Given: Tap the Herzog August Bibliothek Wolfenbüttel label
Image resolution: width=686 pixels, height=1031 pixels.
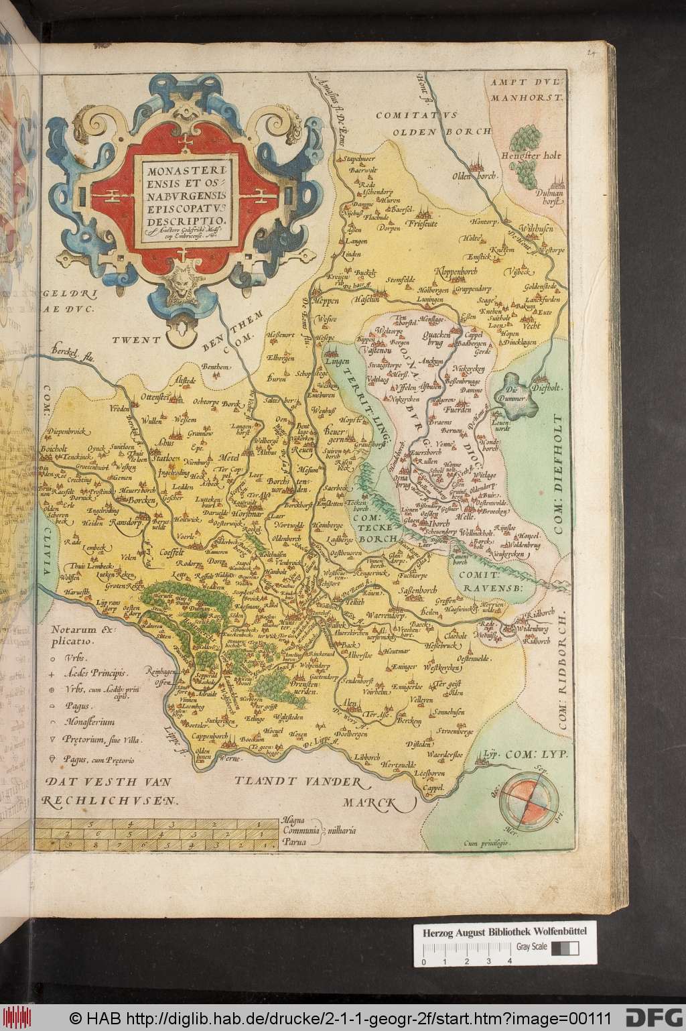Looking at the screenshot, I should point(495,932).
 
